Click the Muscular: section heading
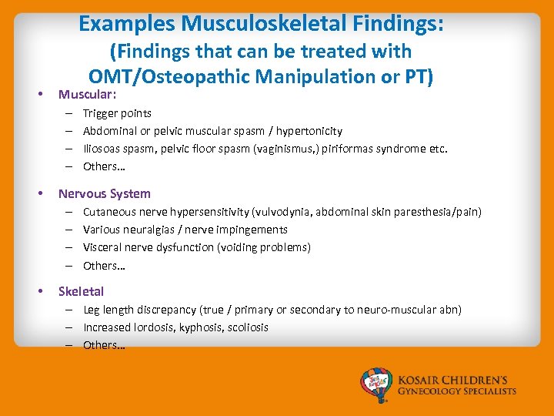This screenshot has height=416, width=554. (x=87, y=95)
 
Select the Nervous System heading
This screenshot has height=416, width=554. (x=104, y=193)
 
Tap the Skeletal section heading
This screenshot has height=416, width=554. (x=81, y=291)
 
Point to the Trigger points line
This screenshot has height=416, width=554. (x=117, y=113)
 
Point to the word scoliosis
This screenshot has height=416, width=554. (x=245, y=327)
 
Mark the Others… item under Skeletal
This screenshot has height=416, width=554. (x=104, y=345)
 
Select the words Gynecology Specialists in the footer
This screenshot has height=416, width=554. (x=457, y=391)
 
